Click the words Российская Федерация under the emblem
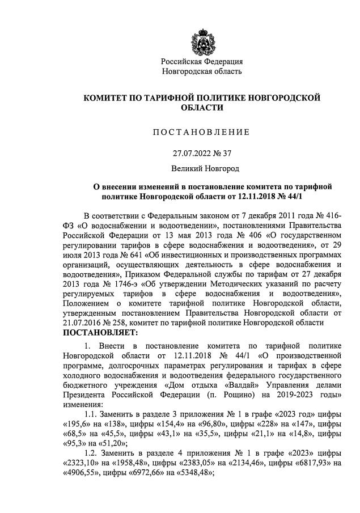point(202,61)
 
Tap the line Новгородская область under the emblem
point(202,71)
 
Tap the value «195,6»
point(81,424)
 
